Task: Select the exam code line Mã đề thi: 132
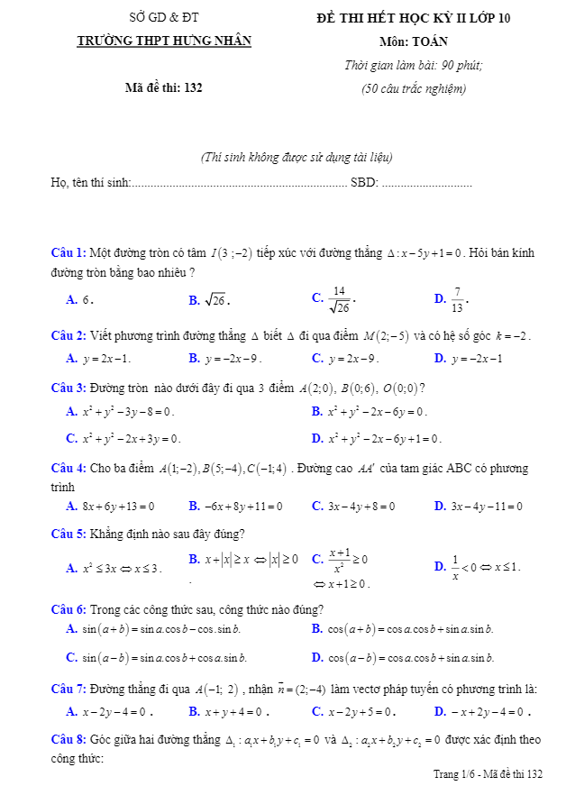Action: click(164, 87)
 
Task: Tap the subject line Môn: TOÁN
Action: click(414, 41)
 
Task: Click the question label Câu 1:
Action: click(68, 253)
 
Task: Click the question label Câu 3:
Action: click(68, 388)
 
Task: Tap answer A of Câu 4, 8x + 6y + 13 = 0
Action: click(111, 507)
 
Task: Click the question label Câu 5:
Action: click(68, 534)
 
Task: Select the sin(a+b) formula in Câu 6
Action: click(155, 629)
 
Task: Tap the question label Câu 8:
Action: click(68, 740)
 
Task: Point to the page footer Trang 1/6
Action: click(488, 774)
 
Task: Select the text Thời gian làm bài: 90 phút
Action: click(414, 65)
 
